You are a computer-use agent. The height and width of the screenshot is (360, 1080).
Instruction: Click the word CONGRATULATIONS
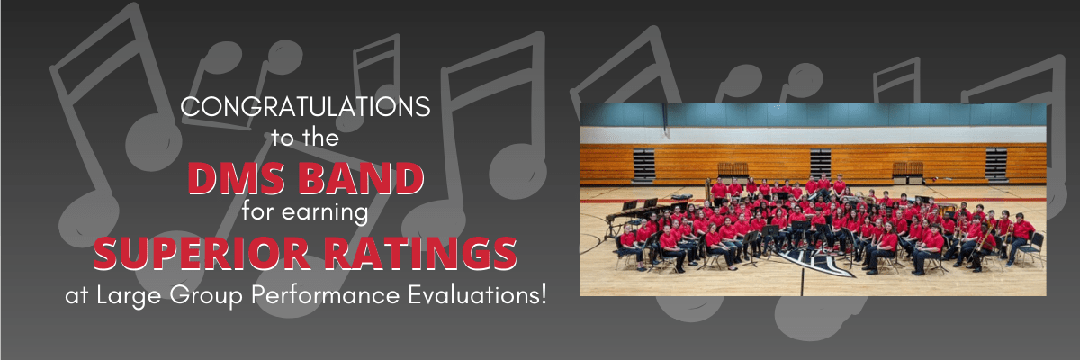(x=305, y=106)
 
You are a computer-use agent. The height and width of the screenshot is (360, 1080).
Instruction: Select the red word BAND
(x=361, y=179)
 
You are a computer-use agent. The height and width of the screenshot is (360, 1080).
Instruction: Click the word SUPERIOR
(x=202, y=254)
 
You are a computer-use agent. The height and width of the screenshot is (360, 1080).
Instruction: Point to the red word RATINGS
(x=420, y=254)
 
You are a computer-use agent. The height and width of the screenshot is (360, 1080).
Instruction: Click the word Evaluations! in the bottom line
(x=478, y=294)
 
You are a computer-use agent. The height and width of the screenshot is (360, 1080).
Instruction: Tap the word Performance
(x=326, y=294)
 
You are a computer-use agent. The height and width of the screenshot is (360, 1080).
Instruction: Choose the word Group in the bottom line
(x=206, y=295)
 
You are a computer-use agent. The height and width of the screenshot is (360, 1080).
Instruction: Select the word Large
(x=129, y=295)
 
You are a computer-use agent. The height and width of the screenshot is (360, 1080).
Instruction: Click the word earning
(x=325, y=212)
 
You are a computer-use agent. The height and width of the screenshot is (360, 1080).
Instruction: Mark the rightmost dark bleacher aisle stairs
(x=996, y=165)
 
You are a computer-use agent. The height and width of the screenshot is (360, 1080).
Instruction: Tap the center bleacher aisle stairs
(x=820, y=165)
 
